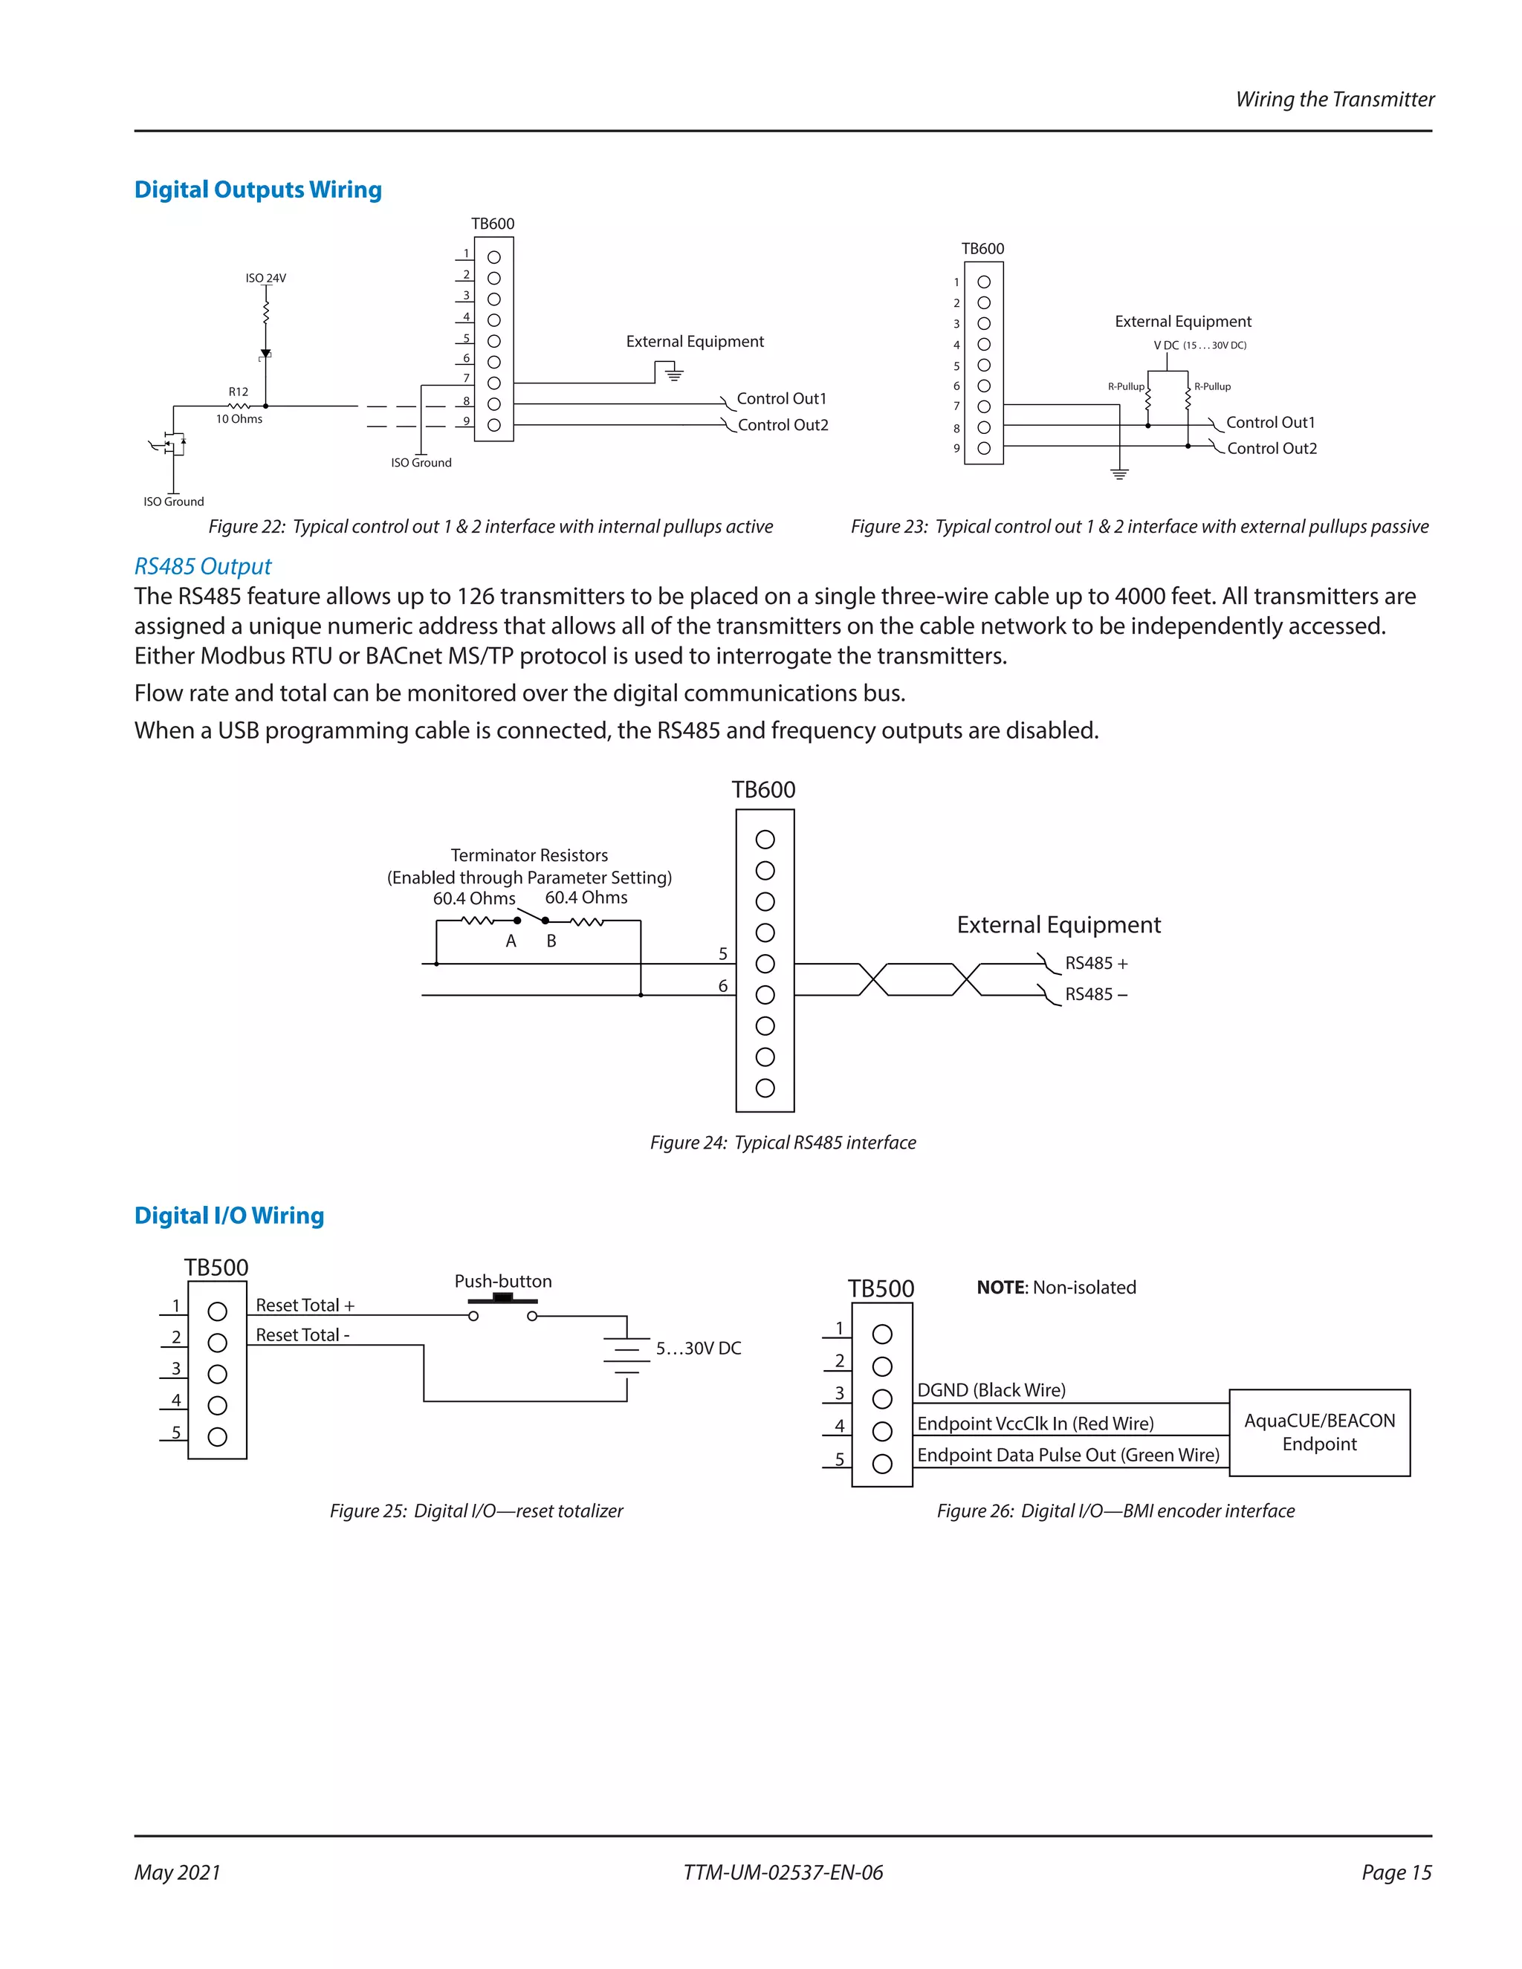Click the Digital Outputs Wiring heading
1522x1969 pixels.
pos(258,190)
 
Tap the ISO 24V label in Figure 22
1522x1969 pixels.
pos(265,279)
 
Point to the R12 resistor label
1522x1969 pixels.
pos(238,392)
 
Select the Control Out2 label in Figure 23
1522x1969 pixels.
pos(1272,449)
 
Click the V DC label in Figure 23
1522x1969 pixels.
pos(1166,346)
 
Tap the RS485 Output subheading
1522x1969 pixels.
pos(203,566)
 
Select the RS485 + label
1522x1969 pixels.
pos(1095,964)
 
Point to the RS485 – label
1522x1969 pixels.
pos(1095,994)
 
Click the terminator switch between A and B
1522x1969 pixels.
pos(531,918)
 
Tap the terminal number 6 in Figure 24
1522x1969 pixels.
pos(722,986)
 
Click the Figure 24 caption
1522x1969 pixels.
pos(783,1142)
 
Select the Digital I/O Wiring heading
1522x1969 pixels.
pos(229,1216)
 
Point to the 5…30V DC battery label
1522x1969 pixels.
pos(698,1349)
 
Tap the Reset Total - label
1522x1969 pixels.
pos(302,1335)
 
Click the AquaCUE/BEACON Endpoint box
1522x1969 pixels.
pos(1318,1433)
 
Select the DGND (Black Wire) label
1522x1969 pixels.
pos(991,1390)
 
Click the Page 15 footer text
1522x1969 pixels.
pos(1396,1872)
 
